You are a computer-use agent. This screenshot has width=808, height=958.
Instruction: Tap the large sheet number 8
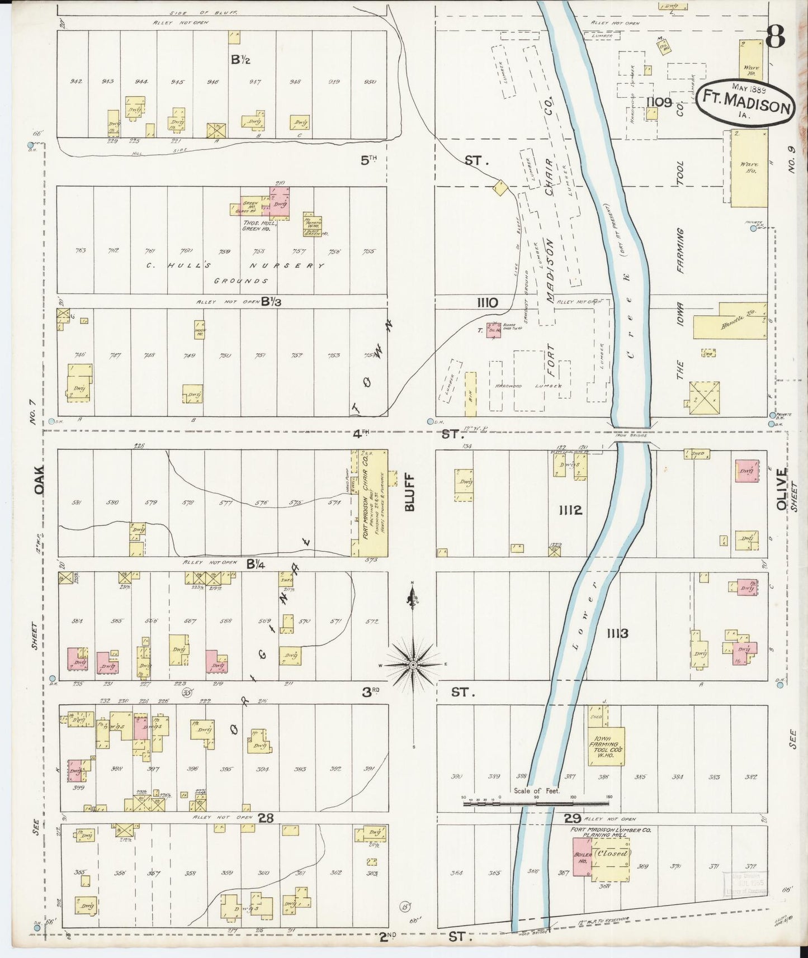pos(775,37)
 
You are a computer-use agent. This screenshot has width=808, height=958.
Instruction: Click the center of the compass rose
pos(413,665)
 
